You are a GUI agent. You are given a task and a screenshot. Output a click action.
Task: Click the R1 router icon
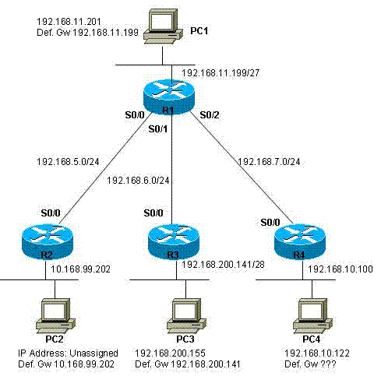tap(168, 97)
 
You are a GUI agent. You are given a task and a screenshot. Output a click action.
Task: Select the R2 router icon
tap(48, 242)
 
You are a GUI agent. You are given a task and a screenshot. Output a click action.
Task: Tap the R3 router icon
tap(173, 242)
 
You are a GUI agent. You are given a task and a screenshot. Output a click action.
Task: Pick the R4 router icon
tap(300, 242)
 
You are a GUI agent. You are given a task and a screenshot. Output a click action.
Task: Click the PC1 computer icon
tap(163, 26)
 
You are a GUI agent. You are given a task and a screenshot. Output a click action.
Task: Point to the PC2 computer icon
tap(55, 316)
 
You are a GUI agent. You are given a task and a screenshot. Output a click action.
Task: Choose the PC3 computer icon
tap(186, 316)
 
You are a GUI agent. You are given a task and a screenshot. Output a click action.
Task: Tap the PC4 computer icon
tap(312, 316)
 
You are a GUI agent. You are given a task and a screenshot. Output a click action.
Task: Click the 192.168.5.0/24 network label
tap(68, 162)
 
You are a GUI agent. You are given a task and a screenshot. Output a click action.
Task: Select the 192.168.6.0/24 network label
tap(138, 181)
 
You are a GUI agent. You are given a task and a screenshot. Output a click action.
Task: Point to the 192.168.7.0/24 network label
tap(269, 162)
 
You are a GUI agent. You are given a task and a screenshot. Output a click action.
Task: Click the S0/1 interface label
tap(158, 129)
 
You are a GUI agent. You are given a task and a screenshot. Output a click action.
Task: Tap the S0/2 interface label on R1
tap(210, 115)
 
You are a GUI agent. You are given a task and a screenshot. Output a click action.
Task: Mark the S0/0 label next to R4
tap(270, 223)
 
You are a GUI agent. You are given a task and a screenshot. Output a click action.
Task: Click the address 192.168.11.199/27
tap(220, 73)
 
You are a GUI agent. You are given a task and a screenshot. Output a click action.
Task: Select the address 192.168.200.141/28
tap(223, 265)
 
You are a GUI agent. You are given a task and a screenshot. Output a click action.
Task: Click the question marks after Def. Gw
tap(328, 364)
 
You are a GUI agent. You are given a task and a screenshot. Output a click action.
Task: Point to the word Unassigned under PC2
tap(93, 353)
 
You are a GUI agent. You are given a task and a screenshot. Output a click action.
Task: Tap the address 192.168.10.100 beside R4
tap(340, 269)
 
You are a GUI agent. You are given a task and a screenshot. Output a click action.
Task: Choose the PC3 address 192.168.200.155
tap(170, 353)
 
